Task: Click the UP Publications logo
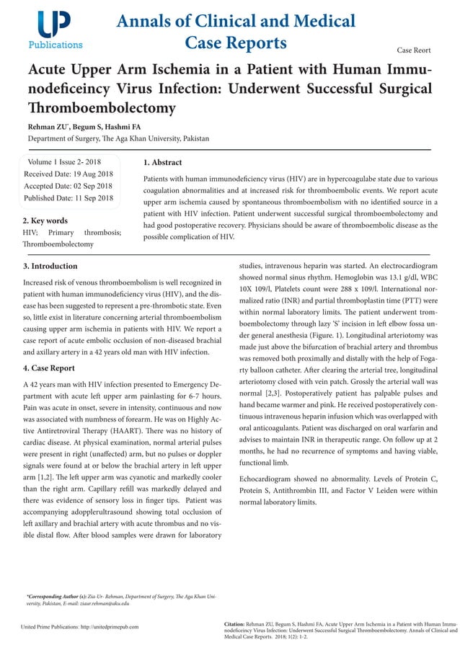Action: [x=55, y=30]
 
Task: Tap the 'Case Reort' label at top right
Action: [x=414, y=50]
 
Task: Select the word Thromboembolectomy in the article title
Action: [x=102, y=108]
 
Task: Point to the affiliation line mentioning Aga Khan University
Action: [x=118, y=138]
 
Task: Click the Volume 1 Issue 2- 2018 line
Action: [x=63, y=162]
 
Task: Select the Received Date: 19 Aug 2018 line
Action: [x=68, y=174]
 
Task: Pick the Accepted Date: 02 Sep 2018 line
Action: [x=68, y=186]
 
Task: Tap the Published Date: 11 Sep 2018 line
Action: [x=68, y=198]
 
